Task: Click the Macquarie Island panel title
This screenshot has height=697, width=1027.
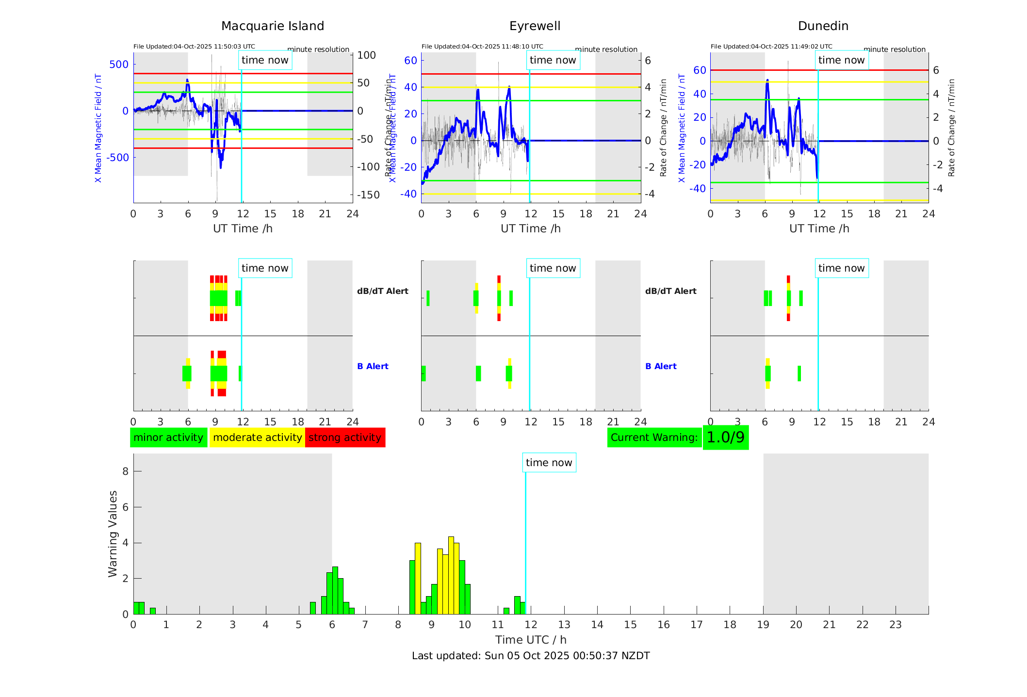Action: click(273, 26)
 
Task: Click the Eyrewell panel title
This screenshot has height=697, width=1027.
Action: click(535, 26)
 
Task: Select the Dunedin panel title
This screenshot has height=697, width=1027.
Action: click(823, 26)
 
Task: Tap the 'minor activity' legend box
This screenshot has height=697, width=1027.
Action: click(168, 438)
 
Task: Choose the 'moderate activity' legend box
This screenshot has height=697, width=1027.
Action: click(257, 438)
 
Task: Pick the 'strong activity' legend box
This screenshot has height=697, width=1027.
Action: click(345, 438)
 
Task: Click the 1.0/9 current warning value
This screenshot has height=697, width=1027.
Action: click(725, 438)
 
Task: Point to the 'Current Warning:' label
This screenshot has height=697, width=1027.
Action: click(654, 438)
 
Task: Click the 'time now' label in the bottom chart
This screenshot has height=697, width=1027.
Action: click(549, 463)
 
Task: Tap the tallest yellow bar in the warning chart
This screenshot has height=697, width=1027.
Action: click(451, 575)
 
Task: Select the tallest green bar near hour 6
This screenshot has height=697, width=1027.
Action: click(335, 590)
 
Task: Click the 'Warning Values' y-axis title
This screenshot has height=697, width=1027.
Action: click(113, 534)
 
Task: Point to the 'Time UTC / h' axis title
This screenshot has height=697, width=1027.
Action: click(531, 640)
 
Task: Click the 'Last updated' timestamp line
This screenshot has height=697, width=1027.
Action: click(531, 656)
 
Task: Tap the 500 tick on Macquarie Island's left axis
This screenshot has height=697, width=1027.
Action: click(119, 65)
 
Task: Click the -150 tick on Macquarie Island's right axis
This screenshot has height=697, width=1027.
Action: click(368, 195)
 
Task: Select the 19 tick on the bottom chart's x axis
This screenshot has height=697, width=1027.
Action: click(763, 625)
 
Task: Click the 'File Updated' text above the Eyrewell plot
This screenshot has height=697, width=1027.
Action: click(482, 47)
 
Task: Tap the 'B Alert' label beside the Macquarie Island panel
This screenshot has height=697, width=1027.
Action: click(373, 366)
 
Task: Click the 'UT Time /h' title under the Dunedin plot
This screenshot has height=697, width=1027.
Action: click(819, 228)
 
